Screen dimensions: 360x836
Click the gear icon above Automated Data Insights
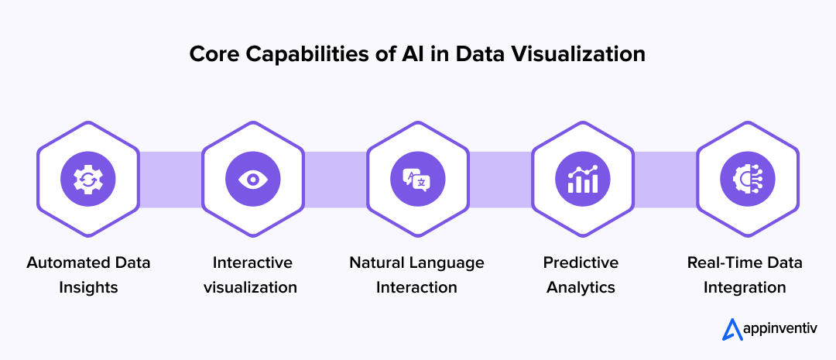point(87,180)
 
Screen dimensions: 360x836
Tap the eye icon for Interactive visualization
point(252,180)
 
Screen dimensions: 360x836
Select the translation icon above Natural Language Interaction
point(417,180)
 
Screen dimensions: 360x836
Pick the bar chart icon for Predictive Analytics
point(582,180)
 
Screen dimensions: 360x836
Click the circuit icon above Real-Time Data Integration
point(747,180)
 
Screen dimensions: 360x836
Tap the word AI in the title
point(420,56)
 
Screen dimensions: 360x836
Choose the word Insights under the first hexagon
point(87,287)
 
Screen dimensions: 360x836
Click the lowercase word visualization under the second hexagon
point(250,287)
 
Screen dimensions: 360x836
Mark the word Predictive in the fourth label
point(581,262)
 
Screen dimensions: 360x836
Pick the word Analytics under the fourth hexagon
point(581,287)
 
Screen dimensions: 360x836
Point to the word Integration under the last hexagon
point(745,287)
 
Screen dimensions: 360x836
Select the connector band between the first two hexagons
point(170,180)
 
